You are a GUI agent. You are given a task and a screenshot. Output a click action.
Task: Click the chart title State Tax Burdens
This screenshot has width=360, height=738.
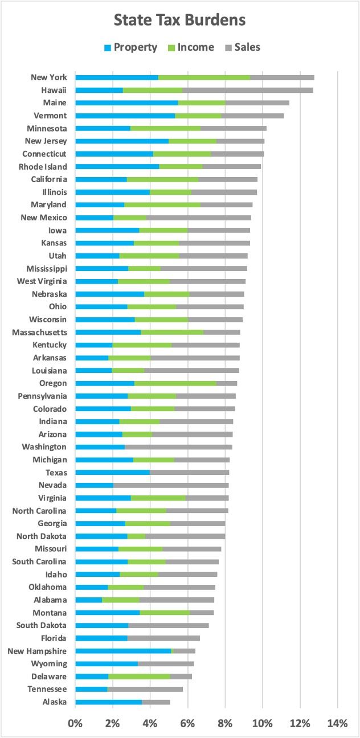pyautogui.click(x=179, y=20)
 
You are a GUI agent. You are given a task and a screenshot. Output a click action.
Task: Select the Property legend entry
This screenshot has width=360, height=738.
pyautogui.click(x=130, y=47)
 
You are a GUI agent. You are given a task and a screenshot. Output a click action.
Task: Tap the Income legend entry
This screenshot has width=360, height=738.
pyautogui.click(x=190, y=47)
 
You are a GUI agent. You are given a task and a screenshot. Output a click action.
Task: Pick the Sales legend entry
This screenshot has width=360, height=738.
pyautogui.click(x=241, y=47)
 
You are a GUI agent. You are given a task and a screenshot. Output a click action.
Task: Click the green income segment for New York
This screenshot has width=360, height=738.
pyautogui.click(x=204, y=77)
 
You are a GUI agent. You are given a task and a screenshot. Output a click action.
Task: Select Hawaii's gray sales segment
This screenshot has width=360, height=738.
pyautogui.click(x=247, y=90)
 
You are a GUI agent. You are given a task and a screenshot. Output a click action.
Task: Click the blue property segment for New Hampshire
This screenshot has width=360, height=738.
pyautogui.click(x=123, y=651)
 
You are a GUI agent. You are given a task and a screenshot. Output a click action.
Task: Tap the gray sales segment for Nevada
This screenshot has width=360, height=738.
pyautogui.click(x=171, y=485)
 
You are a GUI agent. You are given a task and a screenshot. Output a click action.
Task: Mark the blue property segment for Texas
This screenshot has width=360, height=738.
pyautogui.click(x=112, y=473)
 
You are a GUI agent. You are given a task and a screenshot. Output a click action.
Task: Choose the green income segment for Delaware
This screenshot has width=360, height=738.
pyautogui.click(x=139, y=676)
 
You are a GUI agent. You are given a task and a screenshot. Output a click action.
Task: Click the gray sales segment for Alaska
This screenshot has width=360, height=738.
pyautogui.click(x=156, y=702)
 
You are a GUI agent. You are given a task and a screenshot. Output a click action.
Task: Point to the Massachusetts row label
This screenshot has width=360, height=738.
pyautogui.click(x=39, y=332)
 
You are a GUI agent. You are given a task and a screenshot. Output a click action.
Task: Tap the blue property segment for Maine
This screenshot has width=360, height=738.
pyautogui.click(x=126, y=103)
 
